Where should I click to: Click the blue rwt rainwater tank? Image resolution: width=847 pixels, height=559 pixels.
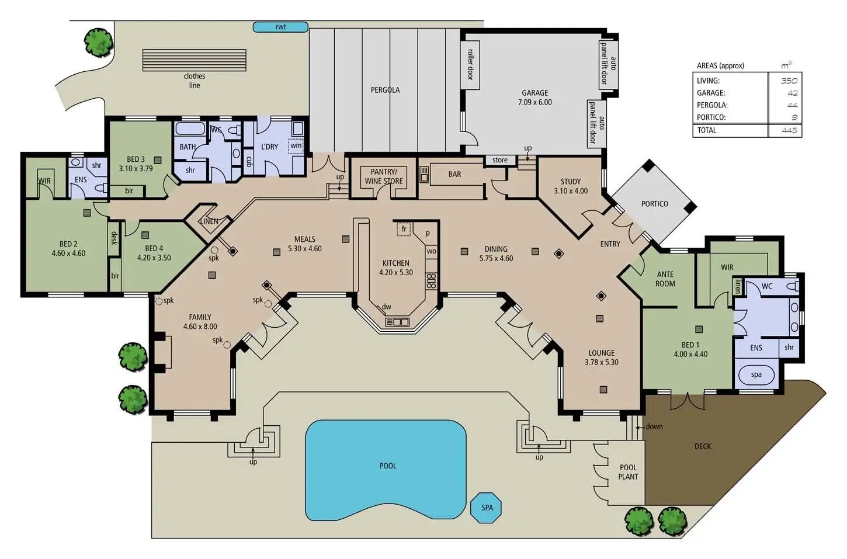click(280, 27)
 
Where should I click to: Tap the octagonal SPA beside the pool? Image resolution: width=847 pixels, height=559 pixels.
click(486, 508)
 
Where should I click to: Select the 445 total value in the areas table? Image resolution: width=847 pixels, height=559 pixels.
click(789, 130)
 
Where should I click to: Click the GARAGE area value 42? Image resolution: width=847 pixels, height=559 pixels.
click(792, 93)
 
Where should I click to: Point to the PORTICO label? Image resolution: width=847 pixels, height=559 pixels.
click(655, 204)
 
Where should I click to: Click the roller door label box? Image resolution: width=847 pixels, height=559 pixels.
click(470, 65)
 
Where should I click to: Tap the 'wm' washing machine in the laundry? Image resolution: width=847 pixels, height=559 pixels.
click(296, 145)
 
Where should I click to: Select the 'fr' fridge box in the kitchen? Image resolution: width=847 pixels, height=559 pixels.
click(404, 229)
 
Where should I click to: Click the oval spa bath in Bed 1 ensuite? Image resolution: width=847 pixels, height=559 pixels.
click(756, 375)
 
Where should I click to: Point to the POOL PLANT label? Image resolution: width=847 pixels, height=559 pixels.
click(628, 472)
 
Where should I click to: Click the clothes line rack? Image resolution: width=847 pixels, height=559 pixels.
click(195, 60)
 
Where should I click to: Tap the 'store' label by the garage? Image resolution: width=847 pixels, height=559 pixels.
click(500, 160)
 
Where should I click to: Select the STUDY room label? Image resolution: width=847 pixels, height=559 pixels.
click(571, 182)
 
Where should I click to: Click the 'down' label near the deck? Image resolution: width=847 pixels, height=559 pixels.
click(654, 426)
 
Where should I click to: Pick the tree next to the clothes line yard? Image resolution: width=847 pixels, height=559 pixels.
click(99, 43)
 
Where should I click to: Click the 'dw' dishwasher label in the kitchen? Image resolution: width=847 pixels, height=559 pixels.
click(387, 307)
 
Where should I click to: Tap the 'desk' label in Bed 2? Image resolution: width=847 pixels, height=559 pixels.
click(114, 238)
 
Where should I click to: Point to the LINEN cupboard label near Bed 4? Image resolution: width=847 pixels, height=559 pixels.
click(209, 221)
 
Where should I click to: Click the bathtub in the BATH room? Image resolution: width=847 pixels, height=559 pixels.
click(190, 129)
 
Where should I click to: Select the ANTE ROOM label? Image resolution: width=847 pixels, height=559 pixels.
click(665, 279)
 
